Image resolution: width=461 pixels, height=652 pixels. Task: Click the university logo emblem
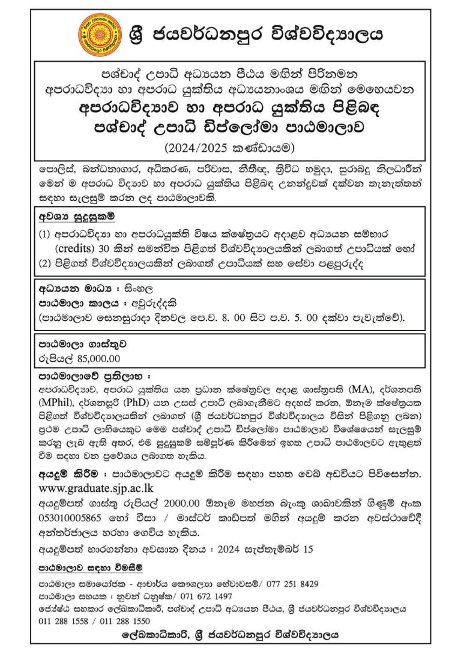(x=99, y=32)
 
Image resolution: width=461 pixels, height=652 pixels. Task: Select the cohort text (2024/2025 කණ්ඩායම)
(x=230, y=144)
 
